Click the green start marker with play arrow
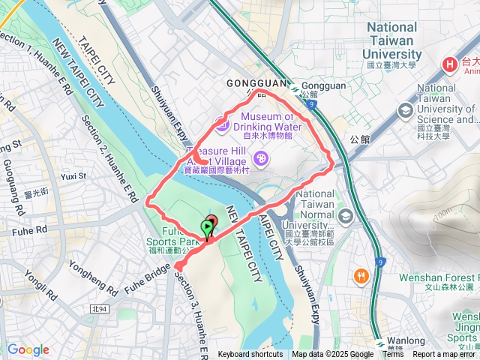[x=206, y=228]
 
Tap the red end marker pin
[x=211, y=222]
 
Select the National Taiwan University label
[x=392, y=40]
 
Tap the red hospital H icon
[x=451, y=64]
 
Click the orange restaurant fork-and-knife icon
[x=361, y=276]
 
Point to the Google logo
[x=28, y=349]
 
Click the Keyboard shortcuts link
[x=250, y=355]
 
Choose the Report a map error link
[x=445, y=355]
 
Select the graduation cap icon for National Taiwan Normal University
[x=346, y=217]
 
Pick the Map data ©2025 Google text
[x=332, y=355]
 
